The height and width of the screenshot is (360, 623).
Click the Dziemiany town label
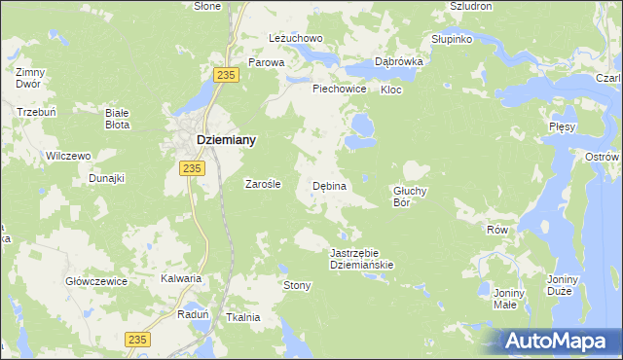[227, 140]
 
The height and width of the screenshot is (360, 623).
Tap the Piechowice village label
[339, 89]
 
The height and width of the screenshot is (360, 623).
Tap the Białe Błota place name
[118, 119]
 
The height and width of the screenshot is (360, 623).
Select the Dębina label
[329, 185]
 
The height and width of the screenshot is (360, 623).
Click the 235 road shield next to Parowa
[228, 77]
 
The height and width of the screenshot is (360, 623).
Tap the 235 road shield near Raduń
[138, 338]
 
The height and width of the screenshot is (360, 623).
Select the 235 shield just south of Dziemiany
[192, 168]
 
